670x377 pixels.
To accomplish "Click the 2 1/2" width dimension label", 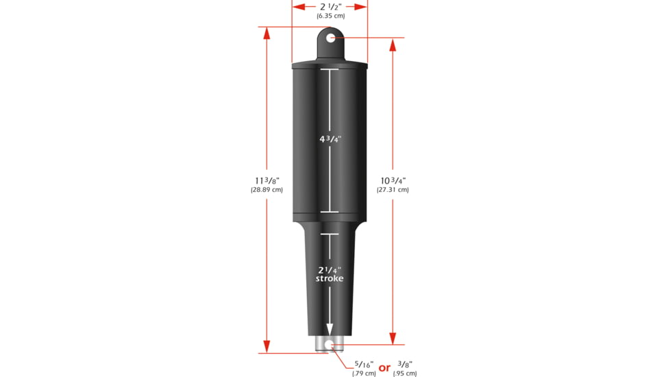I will pos(330,6).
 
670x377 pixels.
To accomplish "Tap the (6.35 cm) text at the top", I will pos(330,15).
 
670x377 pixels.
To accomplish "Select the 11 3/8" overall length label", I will pos(266,180).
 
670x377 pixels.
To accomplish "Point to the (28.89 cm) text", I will pos(266,190).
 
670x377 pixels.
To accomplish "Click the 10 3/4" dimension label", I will pos(393,180).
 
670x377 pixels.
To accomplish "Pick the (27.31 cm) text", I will pos(393,190).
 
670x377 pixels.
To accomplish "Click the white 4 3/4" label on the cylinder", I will pos(330,139).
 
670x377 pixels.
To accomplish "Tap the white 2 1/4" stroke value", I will pos(330,269).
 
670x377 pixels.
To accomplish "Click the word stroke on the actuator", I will pos(330,278).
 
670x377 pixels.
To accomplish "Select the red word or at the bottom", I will pos(384,368).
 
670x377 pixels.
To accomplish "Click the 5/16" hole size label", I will pos(364,364).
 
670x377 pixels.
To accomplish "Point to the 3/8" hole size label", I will pos(404,364).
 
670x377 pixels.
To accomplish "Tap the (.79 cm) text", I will pos(364,374).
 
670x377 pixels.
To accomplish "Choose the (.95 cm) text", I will pos(404,374).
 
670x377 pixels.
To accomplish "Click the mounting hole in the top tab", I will pos(330,38).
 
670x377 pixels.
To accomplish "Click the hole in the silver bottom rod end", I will pos(330,345).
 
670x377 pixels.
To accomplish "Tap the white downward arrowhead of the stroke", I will pos(330,330).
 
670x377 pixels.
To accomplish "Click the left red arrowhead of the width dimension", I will pos(297,6).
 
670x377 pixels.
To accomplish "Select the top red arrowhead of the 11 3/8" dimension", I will pos(266,32).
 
